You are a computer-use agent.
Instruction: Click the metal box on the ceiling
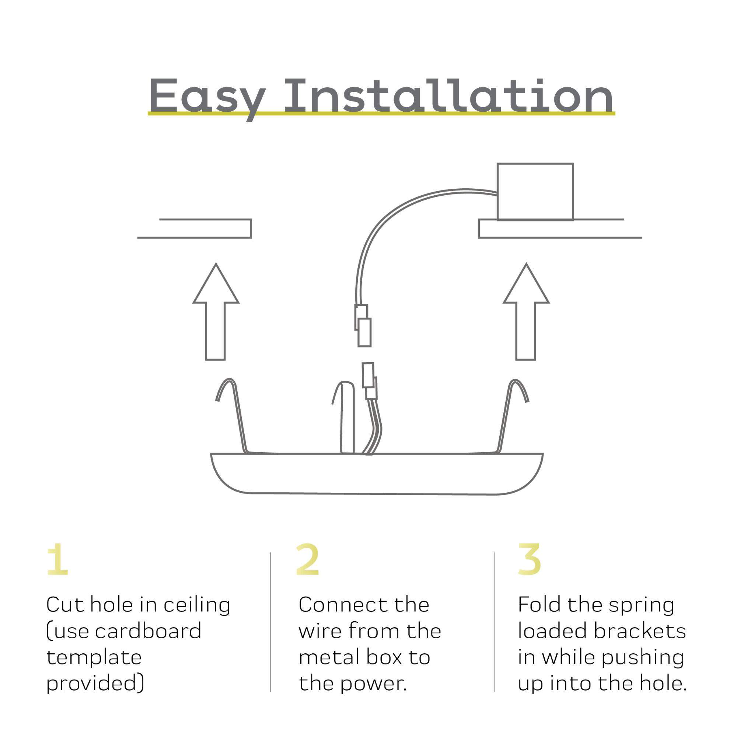click(x=535, y=192)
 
